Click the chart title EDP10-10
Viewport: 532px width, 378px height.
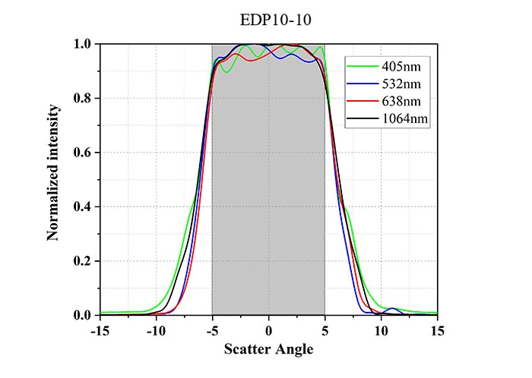[275, 20]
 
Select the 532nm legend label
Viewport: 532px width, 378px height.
[401, 84]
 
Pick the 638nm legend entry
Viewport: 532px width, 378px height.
[401, 101]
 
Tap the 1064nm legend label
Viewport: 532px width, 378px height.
[405, 119]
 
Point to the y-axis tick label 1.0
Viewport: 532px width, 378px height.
[82, 44]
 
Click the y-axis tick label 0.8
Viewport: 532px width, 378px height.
[82, 98]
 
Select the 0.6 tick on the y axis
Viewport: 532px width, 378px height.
[82, 153]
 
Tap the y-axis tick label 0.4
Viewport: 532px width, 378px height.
[82, 206]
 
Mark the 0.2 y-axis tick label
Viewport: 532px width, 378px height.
[82, 261]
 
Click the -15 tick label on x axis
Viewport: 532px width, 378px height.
[100, 331]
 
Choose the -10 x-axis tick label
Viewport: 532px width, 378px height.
[156, 331]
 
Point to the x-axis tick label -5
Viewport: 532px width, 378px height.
[212, 331]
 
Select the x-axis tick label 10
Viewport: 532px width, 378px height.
[382, 331]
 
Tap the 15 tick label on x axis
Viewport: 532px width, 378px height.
[438, 331]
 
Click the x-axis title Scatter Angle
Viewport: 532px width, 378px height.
[269, 349]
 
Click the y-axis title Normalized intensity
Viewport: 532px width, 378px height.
[53, 173]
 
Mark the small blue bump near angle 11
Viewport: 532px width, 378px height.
[392, 309]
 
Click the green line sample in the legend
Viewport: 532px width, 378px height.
[362, 66]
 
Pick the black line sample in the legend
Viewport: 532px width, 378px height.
[362, 118]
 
